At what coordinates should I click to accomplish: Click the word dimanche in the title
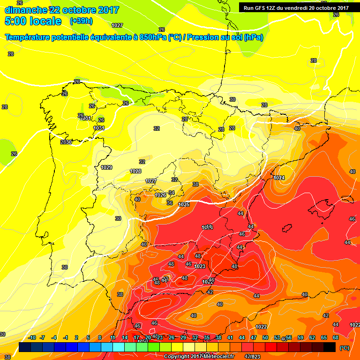pos(26,10)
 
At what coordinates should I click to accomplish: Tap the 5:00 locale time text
pos(33,21)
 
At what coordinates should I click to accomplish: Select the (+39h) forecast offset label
pos(81,21)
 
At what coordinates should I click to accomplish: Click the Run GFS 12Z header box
pos(296,7)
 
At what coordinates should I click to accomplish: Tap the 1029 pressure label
pos(106,167)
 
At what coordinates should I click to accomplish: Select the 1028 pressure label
pos(135,171)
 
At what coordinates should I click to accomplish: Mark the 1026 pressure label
pos(160,195)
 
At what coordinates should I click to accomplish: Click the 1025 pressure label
pos(184,204)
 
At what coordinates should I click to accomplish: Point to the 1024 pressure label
pos(279,178)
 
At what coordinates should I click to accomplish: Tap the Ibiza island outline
pos(287,228)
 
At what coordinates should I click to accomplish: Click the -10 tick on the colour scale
pos(32,337)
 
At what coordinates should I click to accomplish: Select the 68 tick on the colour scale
pos(336,337)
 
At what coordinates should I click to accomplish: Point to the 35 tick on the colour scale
pos(207,337)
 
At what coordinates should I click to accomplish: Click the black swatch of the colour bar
pos(330,347)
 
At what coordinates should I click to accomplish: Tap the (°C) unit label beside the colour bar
pos(344,347)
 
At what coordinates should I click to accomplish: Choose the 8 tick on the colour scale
pos(100,337)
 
